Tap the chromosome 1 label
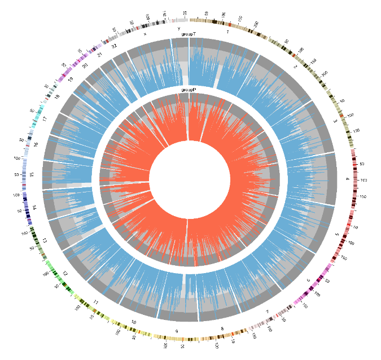[x=227, y=32]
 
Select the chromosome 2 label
[x=295, y=67]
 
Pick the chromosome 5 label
[x=337, y=234]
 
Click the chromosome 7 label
[x=267, y=311]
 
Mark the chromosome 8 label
[x=222, y=328]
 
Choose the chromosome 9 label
[x=177, y=331]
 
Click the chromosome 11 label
[x=96, y=303]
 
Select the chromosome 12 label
[x=65, y=273]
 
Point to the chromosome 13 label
[x=45, y=240]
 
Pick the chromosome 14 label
[x=34, y=208]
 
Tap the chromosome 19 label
[x=71, y=80]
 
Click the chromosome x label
[x=145, y=34]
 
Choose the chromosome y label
[x=178, y=28]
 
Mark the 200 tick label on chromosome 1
[x=256, y=24]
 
